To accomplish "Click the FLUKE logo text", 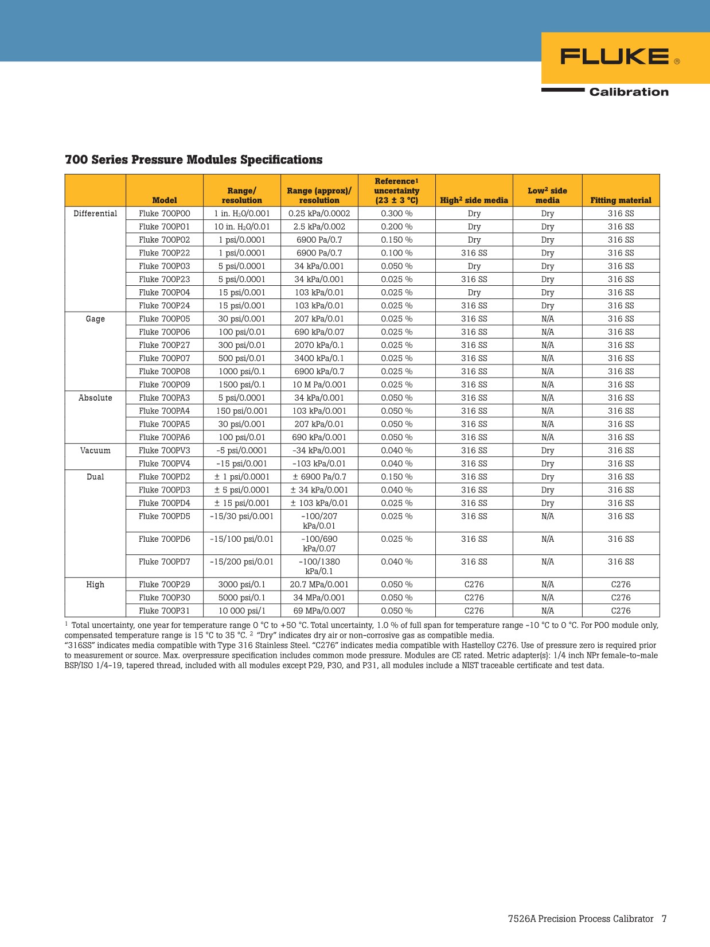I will pos(614,57).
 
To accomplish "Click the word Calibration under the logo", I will pos(629,92).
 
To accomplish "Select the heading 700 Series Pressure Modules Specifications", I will pos(193,160).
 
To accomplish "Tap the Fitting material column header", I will pos(621,200).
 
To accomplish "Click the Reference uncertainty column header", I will pos(396,191).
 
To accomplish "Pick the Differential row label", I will pos(95,214).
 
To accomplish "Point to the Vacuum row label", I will pos(95,451).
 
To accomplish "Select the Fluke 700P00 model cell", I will pos(164,214).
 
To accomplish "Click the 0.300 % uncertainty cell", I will pos(396,214).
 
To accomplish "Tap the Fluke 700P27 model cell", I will pos(164,345).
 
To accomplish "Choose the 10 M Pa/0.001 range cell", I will pos(319,385).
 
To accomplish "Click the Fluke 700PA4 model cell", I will pos(164,411).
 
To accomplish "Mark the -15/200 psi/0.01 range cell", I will pos(241,562).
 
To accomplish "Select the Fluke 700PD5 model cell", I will pos(164,516).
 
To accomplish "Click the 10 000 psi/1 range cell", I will pos(241,611).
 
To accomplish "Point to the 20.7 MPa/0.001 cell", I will pos(319,584).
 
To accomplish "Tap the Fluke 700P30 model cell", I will pos(164,597).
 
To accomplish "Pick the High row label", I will pos(95,584).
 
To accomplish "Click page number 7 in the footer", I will pos(664,919).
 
